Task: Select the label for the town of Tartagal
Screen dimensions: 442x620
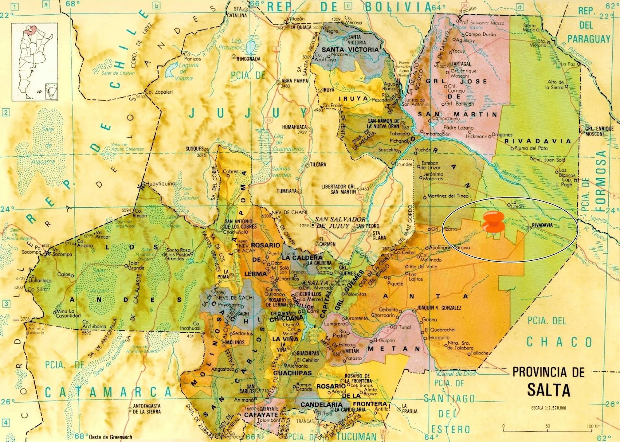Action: [x=461, y=64]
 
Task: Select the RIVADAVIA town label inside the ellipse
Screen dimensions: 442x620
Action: [x=542, y=225]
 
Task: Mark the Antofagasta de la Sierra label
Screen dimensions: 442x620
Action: [x=147, y=409]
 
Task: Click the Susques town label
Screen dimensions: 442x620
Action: [x=195, y=148]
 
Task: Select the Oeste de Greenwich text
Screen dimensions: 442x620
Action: [x=110, y=437]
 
